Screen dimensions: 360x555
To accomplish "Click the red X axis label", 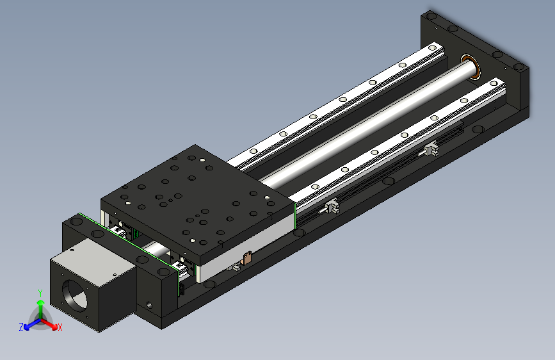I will (x=60, y=328).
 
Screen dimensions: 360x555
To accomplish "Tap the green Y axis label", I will (x=40, y=293).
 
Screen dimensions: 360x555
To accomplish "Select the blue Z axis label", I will (x=21, y=327).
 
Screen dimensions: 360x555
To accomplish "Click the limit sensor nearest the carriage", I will (x=332, y=206).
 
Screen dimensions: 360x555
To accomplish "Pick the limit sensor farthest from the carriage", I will (x=430, y=151).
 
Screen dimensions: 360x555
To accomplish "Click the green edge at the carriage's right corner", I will (x=294, y=214).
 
